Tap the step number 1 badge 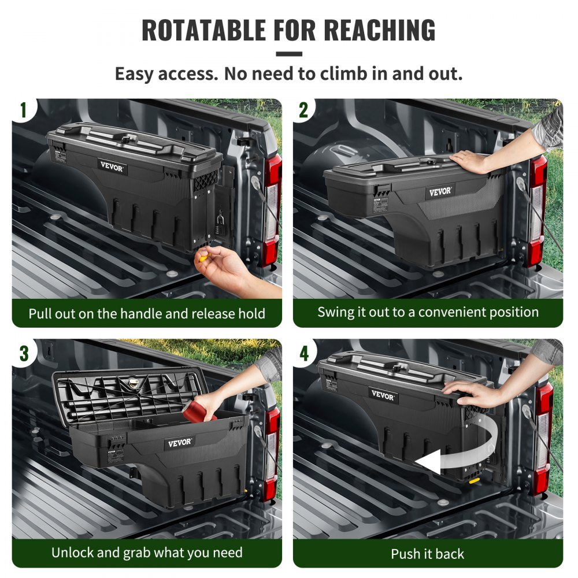pos(24,110)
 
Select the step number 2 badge pos(304,110)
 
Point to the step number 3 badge pos(24,353)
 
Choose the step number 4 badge pos(304,353)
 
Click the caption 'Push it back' pos(427,554)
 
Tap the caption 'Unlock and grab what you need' pos(147,552)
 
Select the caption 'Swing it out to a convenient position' pos(428,312)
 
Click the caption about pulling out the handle pos(147,314)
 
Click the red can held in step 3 pos(199,411)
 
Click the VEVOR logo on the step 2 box pos(440,191)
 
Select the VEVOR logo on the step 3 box pos(179,442)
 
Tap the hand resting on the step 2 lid pos(471,161)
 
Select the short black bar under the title pos(288,54)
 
